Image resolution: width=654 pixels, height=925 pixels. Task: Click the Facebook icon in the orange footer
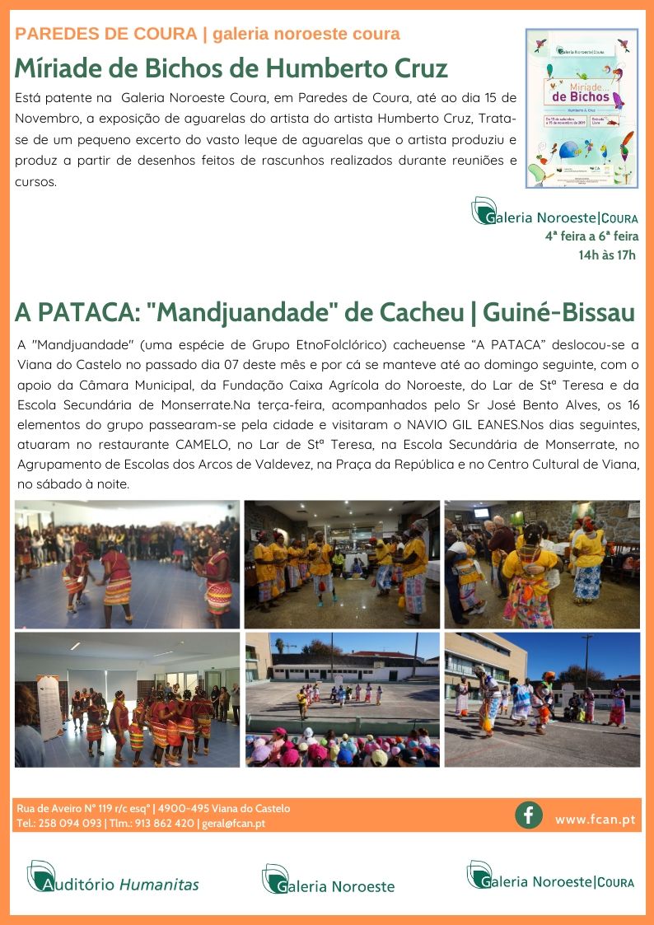[529, 815]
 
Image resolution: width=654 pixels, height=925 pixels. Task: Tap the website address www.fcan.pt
[594, 820]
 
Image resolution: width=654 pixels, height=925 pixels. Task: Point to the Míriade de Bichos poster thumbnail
[582, 109]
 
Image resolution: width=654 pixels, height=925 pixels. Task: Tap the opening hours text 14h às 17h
[607, 255]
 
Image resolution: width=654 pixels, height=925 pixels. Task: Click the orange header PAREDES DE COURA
[106, 34]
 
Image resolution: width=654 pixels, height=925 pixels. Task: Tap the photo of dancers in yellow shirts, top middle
[341, 564]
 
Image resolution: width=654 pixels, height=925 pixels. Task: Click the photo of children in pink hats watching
[341, 700]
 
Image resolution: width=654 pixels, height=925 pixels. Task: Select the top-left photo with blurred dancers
[127, 564]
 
